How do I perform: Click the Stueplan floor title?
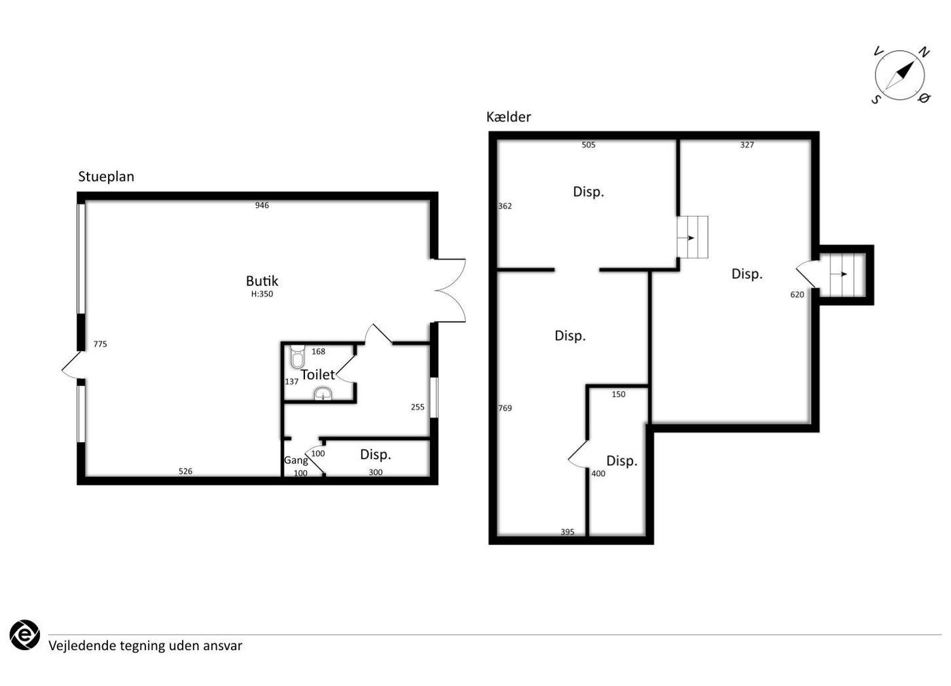[106, 177]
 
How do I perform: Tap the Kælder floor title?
[509, 117]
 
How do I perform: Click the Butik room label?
[262, 281]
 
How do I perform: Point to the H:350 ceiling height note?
[262, 293]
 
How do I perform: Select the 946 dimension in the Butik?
[262, 205]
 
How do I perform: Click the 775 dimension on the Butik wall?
[101, 344]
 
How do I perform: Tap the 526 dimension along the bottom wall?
[185, 471]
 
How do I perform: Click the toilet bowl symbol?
[298, 357]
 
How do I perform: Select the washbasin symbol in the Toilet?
[323, 394]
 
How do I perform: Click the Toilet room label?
[318, 374]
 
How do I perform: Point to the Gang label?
[296, 461]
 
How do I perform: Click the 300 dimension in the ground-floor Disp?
[376, 472]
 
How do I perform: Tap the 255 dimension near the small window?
[418, 407]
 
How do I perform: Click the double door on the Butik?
[450, 291]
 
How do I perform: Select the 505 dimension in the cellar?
[588, 145]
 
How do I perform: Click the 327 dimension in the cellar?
[747, 145]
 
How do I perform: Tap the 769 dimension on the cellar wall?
[505, 408]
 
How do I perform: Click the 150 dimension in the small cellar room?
[619, 395]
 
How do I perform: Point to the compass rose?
[899, 76]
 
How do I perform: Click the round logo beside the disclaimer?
[25, 635]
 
